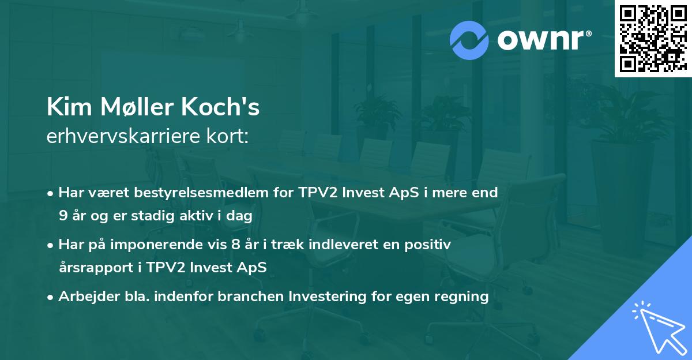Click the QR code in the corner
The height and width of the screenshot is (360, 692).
(x=653, y=38)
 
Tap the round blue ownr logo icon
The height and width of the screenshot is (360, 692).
(x=469, y=40)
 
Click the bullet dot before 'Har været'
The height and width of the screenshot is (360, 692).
(x=51, y=193)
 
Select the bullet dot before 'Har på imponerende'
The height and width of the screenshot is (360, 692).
(x=51, y=245)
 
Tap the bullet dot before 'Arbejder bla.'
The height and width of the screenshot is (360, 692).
(x=51, y=297)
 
